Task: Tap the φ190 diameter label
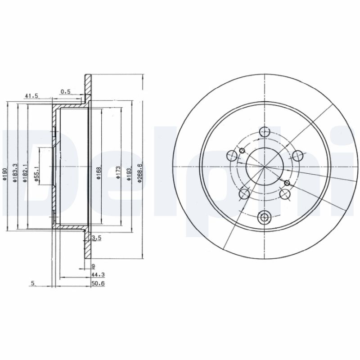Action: [x=4, y=174]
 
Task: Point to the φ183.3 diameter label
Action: [x=15, y=174]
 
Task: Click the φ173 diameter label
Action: [x=118, y=174]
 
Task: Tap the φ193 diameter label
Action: [x=129, y=174]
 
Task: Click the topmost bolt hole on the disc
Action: [x=265, y=132]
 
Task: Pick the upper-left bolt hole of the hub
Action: [x=233, y=156]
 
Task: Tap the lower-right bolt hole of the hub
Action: [x=284, y=194]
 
